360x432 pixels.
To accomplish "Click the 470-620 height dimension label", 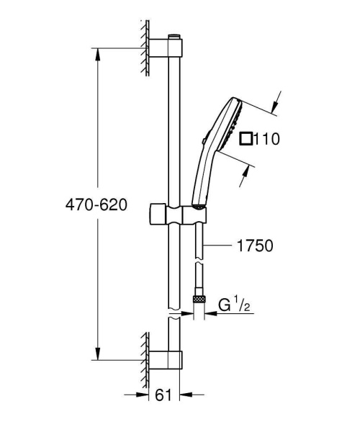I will tap(96, 205).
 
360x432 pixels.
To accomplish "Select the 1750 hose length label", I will tap(253, 246).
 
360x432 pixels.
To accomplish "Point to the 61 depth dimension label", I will tap(164, 394).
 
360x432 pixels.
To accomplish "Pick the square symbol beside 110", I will tap(246, 138).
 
